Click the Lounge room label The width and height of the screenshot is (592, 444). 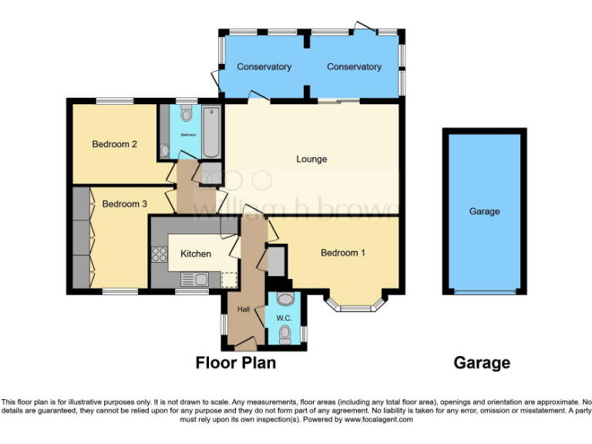click(x=311, y=160)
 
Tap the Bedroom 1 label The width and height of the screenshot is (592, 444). click(x=342, y=253)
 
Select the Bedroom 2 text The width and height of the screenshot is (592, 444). click(x=114, y=144)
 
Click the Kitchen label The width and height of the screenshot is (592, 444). click(x=195, y=254)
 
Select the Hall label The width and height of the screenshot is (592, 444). click(x=244, y=309)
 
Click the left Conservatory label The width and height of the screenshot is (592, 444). click(x=264, y=67)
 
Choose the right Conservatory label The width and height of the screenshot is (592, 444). click(x=354, y=67)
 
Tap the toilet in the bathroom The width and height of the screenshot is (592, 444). click(x=186, y=116)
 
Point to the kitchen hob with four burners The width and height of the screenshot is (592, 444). click(x=160, y=254)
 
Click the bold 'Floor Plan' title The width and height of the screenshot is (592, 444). click(x=235, y=362)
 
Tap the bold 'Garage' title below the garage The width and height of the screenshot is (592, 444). click(x=482, y=362)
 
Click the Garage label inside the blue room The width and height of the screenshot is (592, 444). click(x=484, y=211)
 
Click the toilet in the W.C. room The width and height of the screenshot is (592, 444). click(x=285, y=332)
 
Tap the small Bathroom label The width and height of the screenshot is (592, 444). click(x=189, y=134)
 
